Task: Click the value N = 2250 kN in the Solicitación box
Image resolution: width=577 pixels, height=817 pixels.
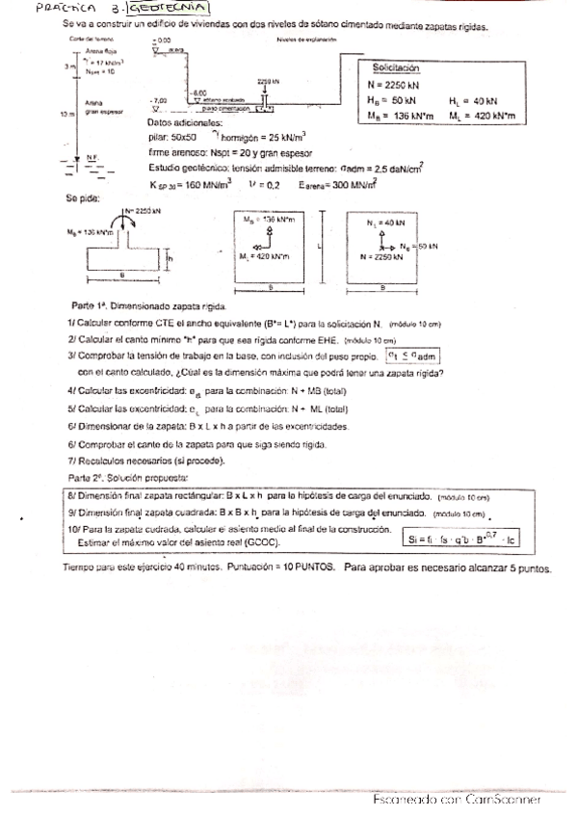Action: [x=399, y=84]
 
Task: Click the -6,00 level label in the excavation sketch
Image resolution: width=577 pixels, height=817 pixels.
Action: [x=200, y=92]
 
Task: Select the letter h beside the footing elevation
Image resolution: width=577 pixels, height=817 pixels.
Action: [x=170, y=257]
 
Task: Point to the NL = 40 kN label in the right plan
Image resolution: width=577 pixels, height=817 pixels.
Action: [x=387, y=223]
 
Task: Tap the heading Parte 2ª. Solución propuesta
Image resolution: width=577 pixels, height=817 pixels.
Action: [x=129, y=478]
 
